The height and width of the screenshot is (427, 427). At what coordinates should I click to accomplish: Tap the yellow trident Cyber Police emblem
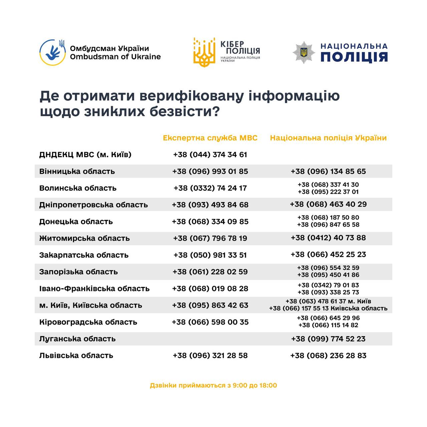[x=204, y=52]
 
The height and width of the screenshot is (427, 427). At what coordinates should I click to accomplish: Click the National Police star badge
[x=304, y=52]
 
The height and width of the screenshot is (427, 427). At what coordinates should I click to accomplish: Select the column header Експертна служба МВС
[x=210, y=138]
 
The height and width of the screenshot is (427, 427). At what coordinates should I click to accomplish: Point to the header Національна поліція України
[x=328, y=138]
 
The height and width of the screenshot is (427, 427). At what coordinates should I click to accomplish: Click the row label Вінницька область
[x=77, y=171]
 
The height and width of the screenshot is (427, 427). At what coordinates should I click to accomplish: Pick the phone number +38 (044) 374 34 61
[x=210, y=155]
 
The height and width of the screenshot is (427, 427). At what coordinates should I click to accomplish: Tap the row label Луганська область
[x=77, y=339]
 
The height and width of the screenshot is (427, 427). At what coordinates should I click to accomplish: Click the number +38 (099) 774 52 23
[x=328, y=339]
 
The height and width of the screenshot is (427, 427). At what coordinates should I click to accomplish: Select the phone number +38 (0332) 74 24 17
[x=210, y=188]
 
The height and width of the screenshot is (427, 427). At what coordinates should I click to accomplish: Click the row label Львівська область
[x=76, y=356]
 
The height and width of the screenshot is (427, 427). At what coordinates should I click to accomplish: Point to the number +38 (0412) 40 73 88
[x=328, y=238]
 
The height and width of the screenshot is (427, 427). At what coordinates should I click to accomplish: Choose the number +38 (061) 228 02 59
[x=210, y=272]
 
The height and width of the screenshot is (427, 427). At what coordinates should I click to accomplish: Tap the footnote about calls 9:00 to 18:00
[x=213, y=386]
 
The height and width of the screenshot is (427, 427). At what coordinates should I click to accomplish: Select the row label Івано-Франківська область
[x=94, y=289]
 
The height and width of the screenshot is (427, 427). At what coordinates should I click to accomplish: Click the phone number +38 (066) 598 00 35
[x=210, y=322]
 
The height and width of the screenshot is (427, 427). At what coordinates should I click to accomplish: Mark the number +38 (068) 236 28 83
[x=328, y=356]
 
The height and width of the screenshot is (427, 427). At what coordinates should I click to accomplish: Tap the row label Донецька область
[x=76, y=222]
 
